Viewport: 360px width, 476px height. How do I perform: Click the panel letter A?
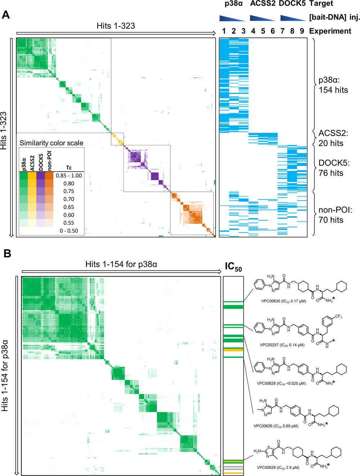tap(6, 15)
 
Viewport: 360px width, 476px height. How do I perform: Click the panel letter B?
tap(7, 253)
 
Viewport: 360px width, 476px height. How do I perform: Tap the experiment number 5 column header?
tap(263, 31)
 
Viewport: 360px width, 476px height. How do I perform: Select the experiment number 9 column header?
tap(302, 31)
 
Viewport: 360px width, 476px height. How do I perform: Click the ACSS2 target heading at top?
tap(262, 4)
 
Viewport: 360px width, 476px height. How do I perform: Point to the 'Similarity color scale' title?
tap(51, 143)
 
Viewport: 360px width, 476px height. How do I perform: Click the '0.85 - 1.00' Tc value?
tap(69, 176)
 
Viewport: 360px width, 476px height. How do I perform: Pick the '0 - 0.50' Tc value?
tap(69, 231)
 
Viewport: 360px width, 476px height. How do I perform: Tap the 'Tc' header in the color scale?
tap(69, 168)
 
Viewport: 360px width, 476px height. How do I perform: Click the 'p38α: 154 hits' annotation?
tap(333, 85)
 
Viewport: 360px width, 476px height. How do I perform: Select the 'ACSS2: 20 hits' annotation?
tap(333, 138)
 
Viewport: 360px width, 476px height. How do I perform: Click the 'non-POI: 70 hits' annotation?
tap(335, 215)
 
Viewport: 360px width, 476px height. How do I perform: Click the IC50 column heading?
tap(233, 267)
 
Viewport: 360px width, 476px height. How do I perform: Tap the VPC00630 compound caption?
tap(283, 301)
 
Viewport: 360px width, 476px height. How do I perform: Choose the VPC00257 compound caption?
tap(282, 345)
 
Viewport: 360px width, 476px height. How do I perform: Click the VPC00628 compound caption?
tap(281, 384)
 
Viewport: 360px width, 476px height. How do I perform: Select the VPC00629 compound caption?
tap(278, 468)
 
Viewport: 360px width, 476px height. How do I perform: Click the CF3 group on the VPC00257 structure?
tap(338, 317)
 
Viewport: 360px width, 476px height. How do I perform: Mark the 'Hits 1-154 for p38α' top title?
tap(121, 264)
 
